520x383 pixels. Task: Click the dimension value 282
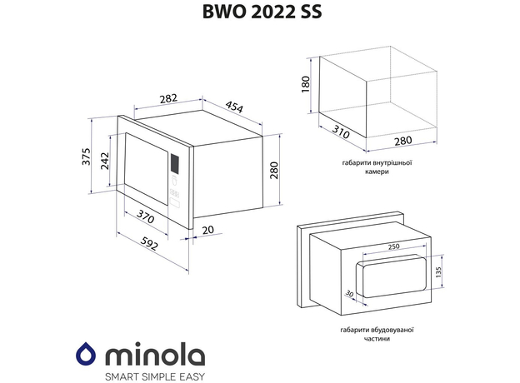click(167, 98)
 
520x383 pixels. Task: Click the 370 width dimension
click(146, 217)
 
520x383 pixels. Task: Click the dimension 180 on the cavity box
click(305, 84)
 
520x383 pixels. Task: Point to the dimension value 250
click(393, 246)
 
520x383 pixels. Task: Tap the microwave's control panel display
click(176, 163)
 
